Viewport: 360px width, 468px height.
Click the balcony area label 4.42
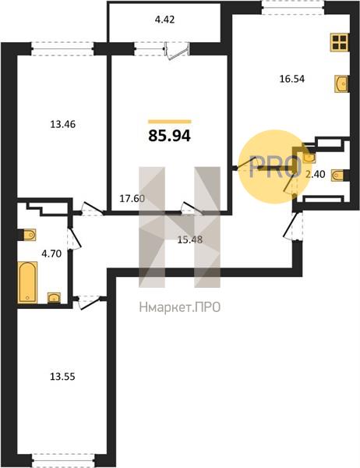point(164,20)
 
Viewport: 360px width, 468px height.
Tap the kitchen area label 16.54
point(292,79)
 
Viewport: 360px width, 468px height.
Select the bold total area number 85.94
point(169,136)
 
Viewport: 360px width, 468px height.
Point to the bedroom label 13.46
point(62,124)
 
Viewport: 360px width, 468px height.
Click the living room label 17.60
point(132,199)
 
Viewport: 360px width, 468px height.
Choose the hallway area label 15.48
point(190,239)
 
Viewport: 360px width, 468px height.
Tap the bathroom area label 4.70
point(51,254)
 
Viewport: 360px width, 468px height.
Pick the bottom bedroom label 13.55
point(62,377)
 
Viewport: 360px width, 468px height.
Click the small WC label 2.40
point(315,174)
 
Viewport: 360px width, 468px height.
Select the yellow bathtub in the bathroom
point(28,282)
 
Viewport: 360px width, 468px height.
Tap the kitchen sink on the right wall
point(342,84)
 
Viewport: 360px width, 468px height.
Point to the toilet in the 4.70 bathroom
point(27,235)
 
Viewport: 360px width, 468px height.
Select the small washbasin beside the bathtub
point(54,298)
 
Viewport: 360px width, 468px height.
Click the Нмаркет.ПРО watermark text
point(180,307)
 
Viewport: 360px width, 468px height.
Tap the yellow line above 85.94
point(170,122)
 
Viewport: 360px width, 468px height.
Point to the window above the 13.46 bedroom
point(63,48)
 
